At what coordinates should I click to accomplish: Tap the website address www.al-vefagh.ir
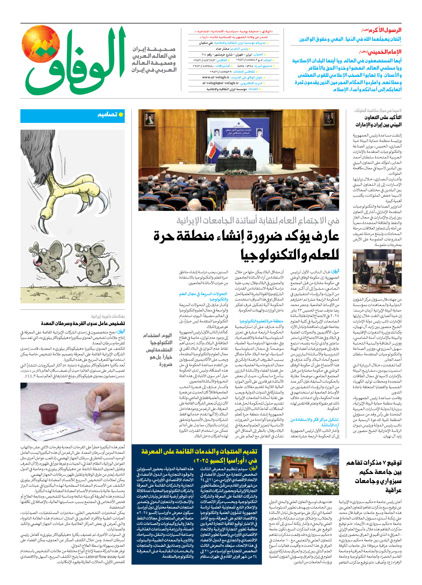[216, 77]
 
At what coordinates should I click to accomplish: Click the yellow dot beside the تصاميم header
[121, 115]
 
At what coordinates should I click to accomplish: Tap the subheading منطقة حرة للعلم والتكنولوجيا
[261, 321]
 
